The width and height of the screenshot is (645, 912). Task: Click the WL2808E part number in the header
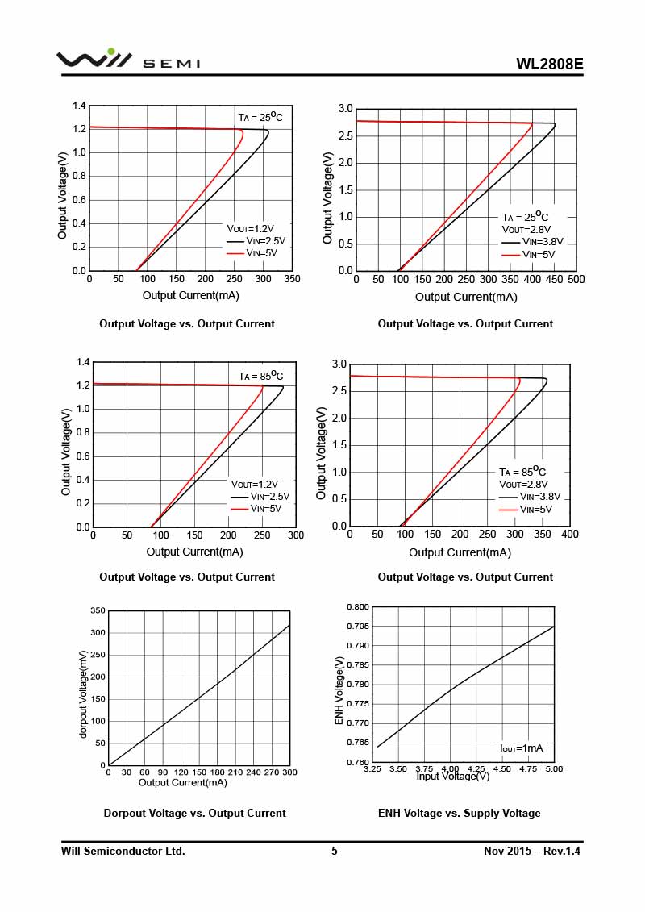549,65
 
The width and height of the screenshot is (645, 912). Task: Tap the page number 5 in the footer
335,851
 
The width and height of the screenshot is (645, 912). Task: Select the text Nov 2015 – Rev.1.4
532,851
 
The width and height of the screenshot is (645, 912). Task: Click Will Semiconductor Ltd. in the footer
123,851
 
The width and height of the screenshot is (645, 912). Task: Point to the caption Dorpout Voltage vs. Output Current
194,813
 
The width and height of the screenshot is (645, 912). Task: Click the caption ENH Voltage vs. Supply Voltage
459,813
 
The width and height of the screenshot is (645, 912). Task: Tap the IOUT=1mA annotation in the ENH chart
522,748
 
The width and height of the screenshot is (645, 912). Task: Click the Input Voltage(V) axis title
452,777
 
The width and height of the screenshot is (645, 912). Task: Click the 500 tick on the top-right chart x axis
576,279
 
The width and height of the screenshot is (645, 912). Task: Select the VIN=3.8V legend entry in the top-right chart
539,241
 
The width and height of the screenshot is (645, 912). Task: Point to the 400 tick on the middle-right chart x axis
570,534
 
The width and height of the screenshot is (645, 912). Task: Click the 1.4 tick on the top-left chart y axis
79,106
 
